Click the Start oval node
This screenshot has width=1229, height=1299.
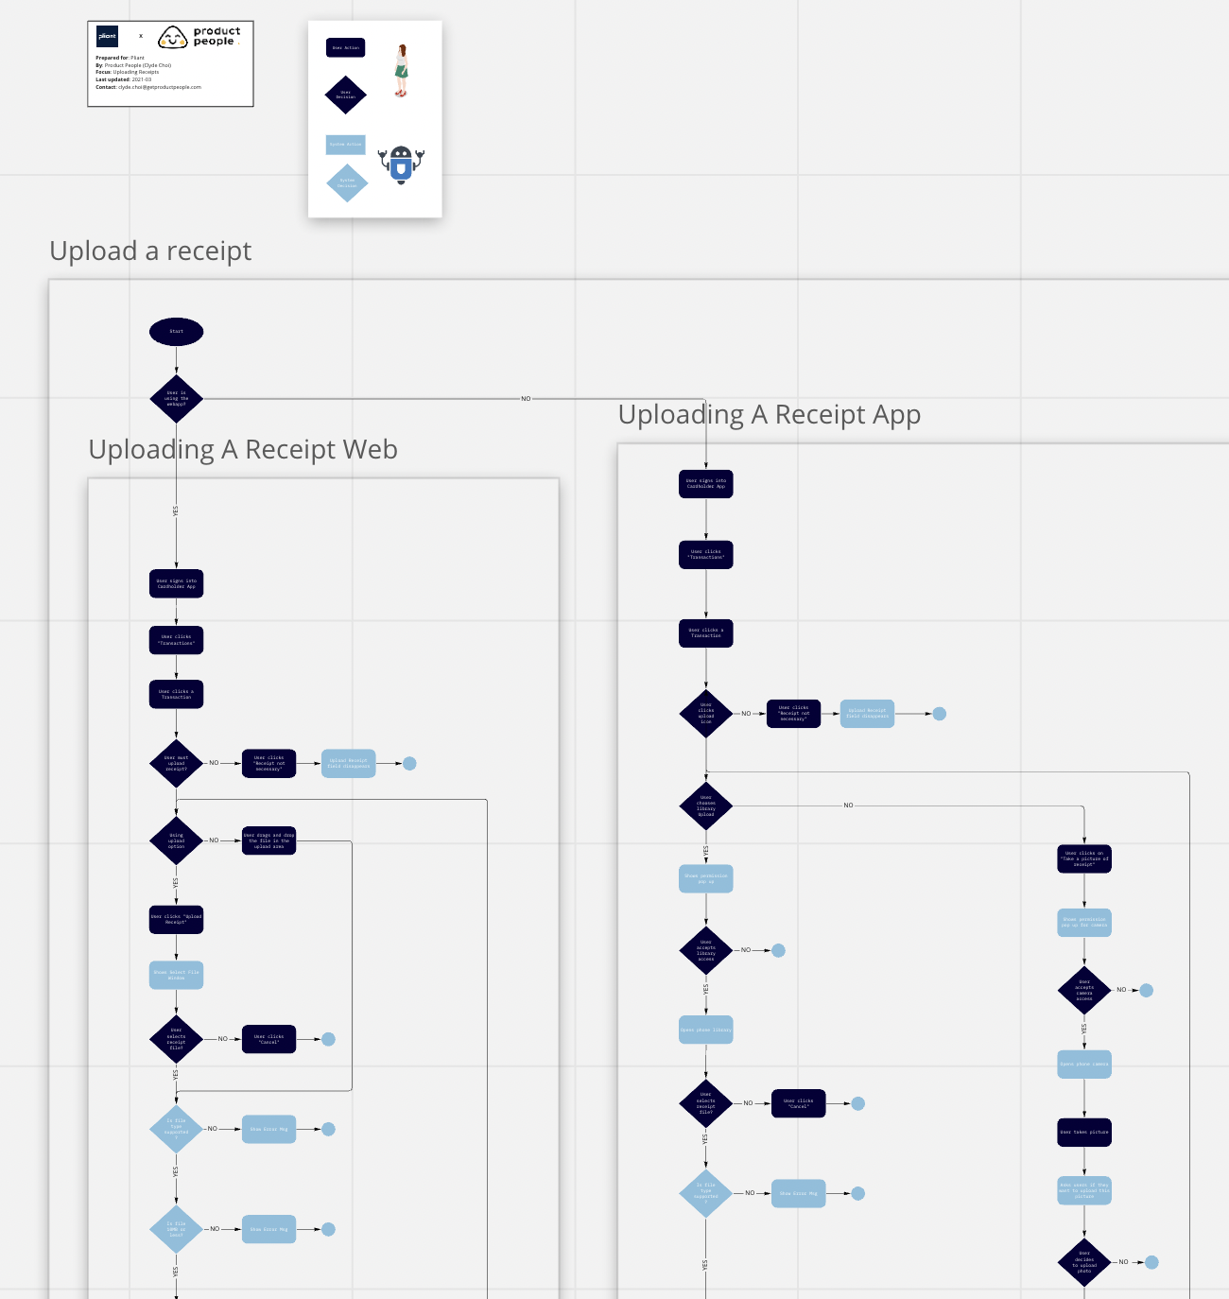pos(176,332)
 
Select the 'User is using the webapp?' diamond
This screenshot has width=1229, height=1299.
pos(176,399)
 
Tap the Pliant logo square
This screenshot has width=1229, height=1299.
pos(107,37)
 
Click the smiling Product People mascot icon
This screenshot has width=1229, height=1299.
pos(172,38)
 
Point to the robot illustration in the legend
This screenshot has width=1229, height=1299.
pos(401,165)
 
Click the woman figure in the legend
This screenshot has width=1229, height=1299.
pos(402,71)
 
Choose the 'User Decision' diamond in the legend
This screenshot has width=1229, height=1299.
pos(345,95)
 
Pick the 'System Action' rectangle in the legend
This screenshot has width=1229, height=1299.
pos(345,145)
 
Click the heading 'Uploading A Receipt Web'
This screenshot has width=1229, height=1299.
pos(243,450)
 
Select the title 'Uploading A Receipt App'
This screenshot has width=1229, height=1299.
pos(769,415)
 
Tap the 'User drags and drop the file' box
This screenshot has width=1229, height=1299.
pos(269,840)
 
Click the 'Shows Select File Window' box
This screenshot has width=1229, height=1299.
pos(176,975)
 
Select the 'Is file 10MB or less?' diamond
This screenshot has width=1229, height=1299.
pos(176,1229)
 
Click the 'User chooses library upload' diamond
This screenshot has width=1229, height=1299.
pos(705,805)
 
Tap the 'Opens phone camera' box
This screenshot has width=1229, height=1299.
pos(1084,1065)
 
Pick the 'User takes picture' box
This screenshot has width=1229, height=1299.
pos(1084,1132)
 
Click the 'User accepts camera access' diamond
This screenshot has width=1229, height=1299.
pos(1084,990)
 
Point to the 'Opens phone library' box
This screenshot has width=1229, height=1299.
pos(705,1030)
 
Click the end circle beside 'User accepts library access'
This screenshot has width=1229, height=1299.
pos(778,950)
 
